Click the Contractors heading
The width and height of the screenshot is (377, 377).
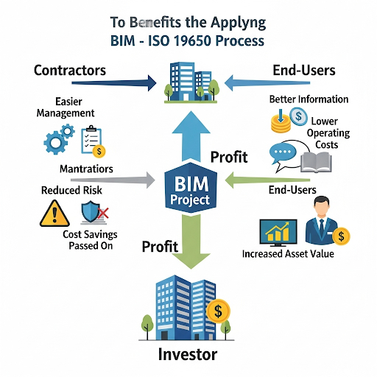[70, 71]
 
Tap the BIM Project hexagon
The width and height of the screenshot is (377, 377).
[191, 188]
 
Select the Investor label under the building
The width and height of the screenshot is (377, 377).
[188, 354]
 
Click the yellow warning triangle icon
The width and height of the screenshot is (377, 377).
[54, 214]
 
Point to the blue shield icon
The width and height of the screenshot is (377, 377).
[91, 211]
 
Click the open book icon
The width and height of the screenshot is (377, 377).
[317, 162]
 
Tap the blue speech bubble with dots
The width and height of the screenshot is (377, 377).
[283, 153]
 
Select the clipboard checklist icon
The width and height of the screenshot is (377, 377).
[91, 140]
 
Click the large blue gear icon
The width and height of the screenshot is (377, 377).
[54, 143]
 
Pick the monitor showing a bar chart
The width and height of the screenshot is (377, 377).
[278, 233]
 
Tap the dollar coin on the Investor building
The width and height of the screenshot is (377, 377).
[218, 311]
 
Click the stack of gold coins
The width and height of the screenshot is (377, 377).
[281, 124]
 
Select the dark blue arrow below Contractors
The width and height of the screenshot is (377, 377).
[114, 83]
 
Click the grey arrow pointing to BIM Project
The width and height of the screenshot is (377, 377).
[113, 180]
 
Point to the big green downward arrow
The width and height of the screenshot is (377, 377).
[191, 242]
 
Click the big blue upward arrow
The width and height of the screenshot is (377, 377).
[191, 137]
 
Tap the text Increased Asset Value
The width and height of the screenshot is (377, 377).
[288, 254]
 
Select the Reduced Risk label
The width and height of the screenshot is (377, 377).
[71, 190]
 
